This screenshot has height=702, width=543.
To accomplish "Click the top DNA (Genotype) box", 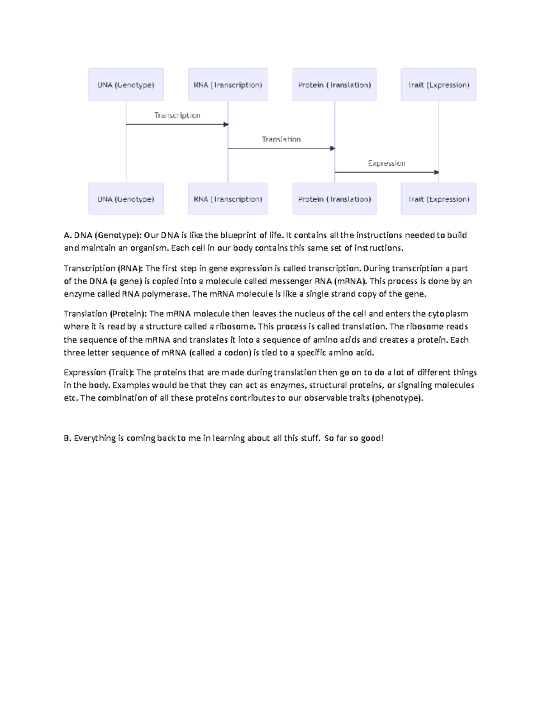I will click(x=126, y=85).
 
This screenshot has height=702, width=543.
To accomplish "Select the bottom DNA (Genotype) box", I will click(x=126, y=199).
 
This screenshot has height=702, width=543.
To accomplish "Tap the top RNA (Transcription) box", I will click(x=228, y=85).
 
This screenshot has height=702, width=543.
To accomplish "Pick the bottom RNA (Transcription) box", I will click(x=228, y=199).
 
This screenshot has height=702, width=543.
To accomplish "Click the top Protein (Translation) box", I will click(x=334, y=85).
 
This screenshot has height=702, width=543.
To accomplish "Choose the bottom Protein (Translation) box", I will click(x=334, y=199).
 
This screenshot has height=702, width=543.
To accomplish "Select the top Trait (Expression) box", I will click(x=438, y=85).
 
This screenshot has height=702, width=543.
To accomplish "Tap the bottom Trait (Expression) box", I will click(x=438, y=199).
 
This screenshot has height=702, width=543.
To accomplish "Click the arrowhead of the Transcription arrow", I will click(x=226, y=124).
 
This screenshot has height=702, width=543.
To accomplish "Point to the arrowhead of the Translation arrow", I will click(x=333, y=148).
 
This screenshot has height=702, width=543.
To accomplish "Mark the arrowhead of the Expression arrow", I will click(x=437, y=172).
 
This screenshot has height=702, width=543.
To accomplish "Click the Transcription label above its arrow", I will click(x=177, y=115).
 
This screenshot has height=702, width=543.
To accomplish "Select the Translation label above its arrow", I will click(x=281, y=139).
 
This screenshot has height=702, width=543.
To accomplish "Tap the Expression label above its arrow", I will click(x=386, y=163).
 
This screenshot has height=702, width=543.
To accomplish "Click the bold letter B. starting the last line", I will click(x=67, y=438).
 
